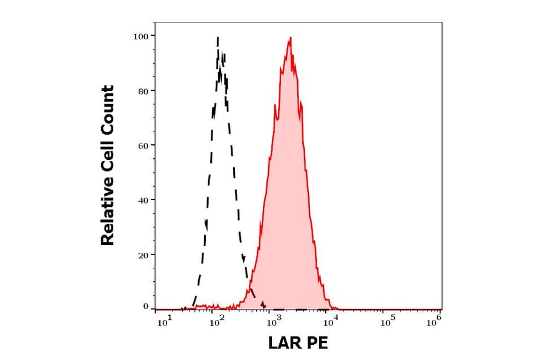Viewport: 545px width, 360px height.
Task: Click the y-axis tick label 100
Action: point(140,36)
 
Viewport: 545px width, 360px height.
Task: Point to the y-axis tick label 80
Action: point(143,91)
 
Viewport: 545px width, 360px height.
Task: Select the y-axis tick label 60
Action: point(143,145)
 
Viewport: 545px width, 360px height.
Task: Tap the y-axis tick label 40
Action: point(143,200)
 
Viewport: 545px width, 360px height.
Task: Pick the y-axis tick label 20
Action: point(143,255)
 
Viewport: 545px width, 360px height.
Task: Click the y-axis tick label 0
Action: point(145,307)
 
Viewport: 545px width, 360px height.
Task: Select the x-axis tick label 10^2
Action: point(217,322)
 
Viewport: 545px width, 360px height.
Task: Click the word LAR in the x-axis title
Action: point(286,344)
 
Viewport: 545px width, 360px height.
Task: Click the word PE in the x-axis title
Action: point(317,344)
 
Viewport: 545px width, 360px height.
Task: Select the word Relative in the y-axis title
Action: point(108,210)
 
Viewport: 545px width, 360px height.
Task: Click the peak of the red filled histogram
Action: point(291,38)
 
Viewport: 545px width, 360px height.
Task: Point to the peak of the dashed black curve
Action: point(217,38)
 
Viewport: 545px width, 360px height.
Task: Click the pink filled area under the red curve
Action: point(288,212)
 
